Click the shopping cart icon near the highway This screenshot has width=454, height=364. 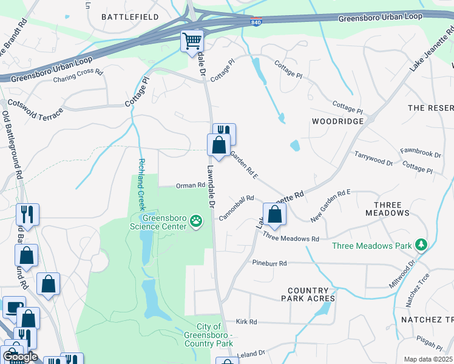[x=192, y=41]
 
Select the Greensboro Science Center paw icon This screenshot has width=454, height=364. [x=196, y=221]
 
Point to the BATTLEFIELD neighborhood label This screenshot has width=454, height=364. [x=130, y=16]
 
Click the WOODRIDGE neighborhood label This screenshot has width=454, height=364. [x=337, y=121]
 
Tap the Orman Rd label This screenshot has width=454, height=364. [x=191, y=186]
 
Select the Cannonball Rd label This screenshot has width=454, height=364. [x=237, y=207]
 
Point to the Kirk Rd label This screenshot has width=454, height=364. [x=246, y=322]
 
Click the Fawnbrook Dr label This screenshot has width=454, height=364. [x=420, y=153]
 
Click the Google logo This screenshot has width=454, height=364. [x=20, y=357]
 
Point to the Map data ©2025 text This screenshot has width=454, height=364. [x=428, y=359]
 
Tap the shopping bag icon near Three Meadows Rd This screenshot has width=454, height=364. [x=274, y=214]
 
